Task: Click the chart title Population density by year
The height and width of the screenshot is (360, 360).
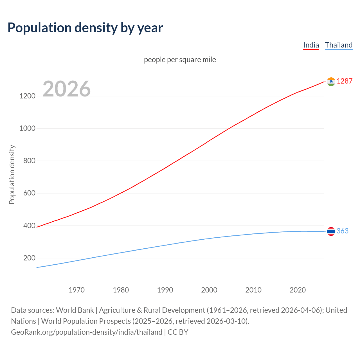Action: (85, 28)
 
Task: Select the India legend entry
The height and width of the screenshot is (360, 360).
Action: (311, 45)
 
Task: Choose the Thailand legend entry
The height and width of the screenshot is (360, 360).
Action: (339, 45)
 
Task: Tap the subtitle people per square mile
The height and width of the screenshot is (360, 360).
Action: (180, 60)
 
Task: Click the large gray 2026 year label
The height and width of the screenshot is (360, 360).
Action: (67, 89)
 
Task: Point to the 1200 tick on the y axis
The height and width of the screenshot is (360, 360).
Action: (27, 96)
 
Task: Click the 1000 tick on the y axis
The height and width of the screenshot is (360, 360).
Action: (27, 128)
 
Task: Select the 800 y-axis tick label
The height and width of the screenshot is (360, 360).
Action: (29, 161)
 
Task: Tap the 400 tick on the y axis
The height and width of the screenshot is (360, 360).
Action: (29, 226)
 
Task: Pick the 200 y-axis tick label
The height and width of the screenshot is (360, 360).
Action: (29, 258)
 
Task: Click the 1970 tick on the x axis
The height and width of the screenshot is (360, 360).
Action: (76, 290)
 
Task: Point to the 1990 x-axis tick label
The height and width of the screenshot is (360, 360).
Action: (165, 290)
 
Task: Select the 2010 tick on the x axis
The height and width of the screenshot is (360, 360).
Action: (253, 290)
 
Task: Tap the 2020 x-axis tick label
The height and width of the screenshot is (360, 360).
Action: (298, 290)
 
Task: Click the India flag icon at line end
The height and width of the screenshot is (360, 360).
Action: (331, 82)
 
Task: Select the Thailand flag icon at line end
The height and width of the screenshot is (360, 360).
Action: (331, 231)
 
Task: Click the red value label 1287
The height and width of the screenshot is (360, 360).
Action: (345, 81)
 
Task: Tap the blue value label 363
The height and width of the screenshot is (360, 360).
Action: (342, 231)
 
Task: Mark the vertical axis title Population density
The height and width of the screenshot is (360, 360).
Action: (12, 174)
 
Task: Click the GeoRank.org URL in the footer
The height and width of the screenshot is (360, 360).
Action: (87, 332)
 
